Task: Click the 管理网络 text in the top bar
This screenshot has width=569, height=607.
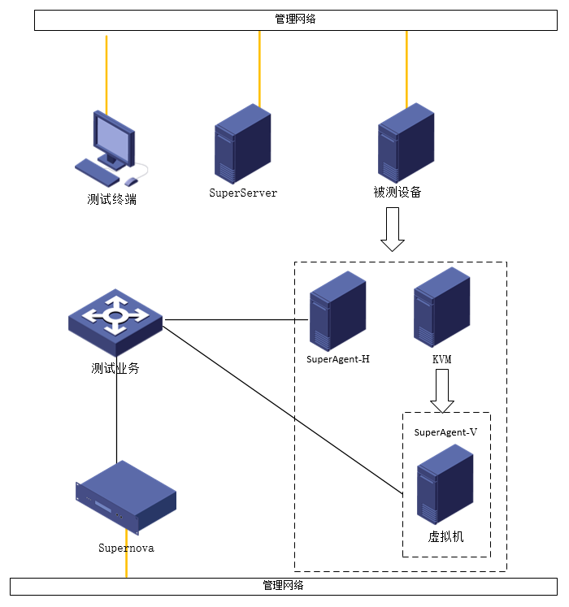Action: pyautogui.click(x=295, y=20)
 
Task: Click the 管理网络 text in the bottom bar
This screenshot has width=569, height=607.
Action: pyautogui.click(x=284, y=585)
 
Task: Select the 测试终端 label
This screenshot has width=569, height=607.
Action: pyautogui.click(x=112, y=199)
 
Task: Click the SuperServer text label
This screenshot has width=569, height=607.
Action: pyautogui.click(x=243, y=193)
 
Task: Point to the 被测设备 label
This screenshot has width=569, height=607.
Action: pyautogui.click(x=397, y=193)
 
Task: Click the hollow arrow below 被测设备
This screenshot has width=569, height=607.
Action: pyautogui.click(x=393, y=228)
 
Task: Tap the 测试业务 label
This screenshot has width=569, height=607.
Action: pyautogui.click(x=115, y=368)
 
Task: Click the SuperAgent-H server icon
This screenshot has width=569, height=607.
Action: pyautogui.click(x=337, y=310)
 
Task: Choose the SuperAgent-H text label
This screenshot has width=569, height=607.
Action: pyautogui.click(x=338, y=358)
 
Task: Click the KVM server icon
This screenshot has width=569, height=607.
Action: pyautogui.click(x=441, y=307)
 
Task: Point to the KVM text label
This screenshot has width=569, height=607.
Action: pyautogui.click(x=442, y=358)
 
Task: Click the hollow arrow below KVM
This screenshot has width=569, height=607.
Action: pyautogui.click(x=442, y=390)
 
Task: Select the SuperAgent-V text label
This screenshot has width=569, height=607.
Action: pyautogui.click(x=445, y=432)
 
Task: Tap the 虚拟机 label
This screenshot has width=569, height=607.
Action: pyautogui.click(x=445, y=537)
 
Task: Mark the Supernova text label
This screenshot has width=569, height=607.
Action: pyautogui.click(x=126, y=548)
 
